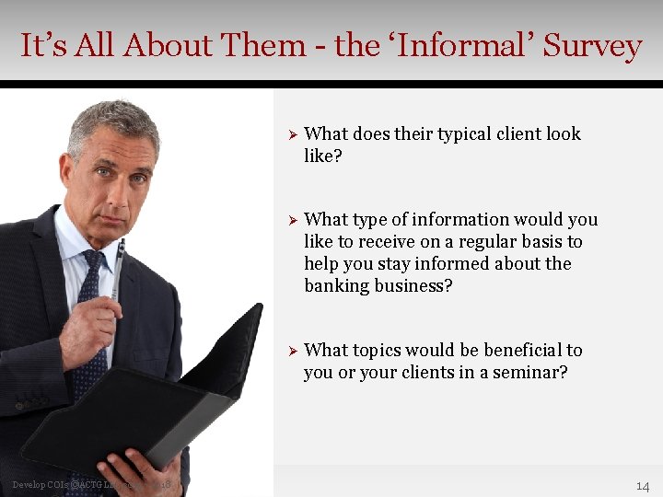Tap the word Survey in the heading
(x=591, y=45)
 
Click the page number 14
(x=642, y=485)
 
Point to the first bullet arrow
(x=290, y=134)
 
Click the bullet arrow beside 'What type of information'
(x=290, y=220)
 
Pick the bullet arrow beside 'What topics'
(x=290, y=351)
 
